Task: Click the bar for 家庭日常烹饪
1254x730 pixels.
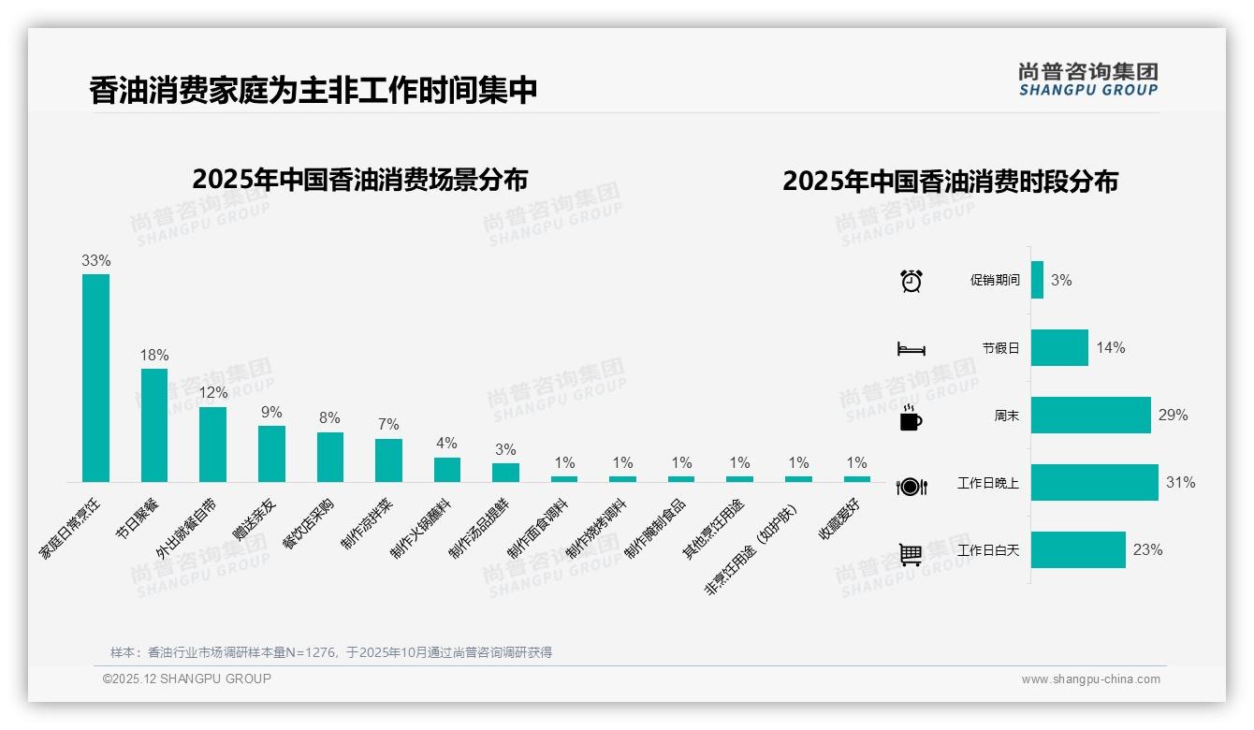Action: click(95, 378)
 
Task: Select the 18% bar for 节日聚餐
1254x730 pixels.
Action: click(154, 425)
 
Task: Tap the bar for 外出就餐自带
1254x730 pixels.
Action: click(212, 445)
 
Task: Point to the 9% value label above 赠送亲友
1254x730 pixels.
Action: click(271, 413)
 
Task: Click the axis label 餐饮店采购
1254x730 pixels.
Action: click(308, 524)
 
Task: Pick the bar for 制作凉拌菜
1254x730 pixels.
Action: click(388, 460)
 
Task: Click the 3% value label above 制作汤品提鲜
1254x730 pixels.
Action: click(505, 450)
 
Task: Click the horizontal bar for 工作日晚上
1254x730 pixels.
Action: click(1094, 483)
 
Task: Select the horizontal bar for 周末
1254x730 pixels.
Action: click(1090, 416)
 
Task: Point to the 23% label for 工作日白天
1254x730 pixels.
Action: click(1147, 550)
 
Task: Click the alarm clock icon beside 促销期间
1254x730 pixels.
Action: click(911, 281)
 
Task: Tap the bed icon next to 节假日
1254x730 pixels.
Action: click(911, 349)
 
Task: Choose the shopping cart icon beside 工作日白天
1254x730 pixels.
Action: click(911, 554)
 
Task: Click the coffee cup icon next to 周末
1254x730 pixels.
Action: click(911, 418)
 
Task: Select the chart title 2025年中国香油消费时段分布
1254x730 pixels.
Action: click(950, 182)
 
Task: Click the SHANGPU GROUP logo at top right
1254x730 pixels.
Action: click(1087, 80)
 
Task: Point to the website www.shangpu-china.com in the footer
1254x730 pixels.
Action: click(1090, 679)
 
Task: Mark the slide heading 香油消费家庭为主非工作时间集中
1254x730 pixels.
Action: click(313, 91)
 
